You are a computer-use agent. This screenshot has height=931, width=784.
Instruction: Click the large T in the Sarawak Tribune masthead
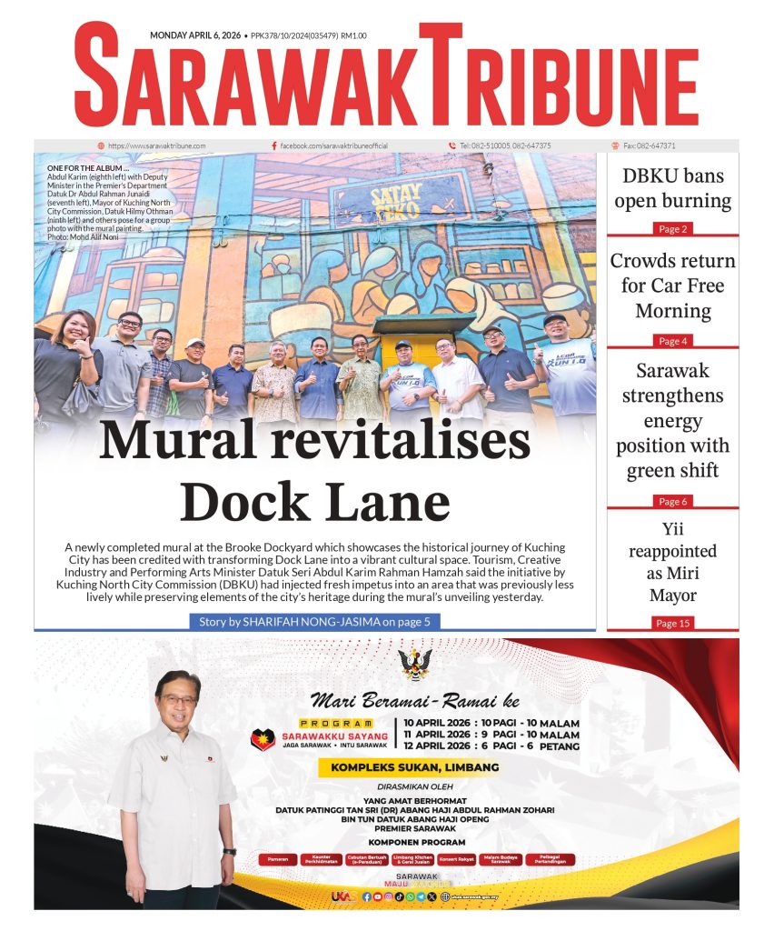click(441, 77)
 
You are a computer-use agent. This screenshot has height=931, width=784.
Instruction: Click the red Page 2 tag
click(672, 229)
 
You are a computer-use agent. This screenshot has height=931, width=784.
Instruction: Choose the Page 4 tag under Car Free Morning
click(672, 341)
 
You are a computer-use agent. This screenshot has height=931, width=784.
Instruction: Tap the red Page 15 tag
click(672, 623)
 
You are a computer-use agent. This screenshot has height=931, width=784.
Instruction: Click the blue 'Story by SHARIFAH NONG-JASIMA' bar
click(314, 622)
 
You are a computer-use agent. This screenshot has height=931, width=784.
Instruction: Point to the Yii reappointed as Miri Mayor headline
click(672, 562)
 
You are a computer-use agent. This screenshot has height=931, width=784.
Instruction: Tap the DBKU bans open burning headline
click(672, 188)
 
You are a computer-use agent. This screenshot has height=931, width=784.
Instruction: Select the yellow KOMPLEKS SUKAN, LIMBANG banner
click(408, 767)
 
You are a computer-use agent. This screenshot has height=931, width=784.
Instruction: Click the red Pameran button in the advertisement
click(278, 859)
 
